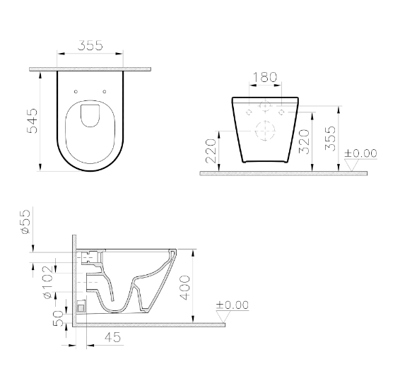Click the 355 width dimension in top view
(x=90, y=45)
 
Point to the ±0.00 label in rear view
(x=360, y=153)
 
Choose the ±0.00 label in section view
(x=232, y=305)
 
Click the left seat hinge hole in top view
(x=76, y=90)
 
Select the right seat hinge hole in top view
(x=105, y=90)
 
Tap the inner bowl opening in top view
(x=90, y=115)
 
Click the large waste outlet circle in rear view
(x=264, y=132)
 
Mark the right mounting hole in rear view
(x=281, y=112)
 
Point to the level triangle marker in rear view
(x=351, y=166)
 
